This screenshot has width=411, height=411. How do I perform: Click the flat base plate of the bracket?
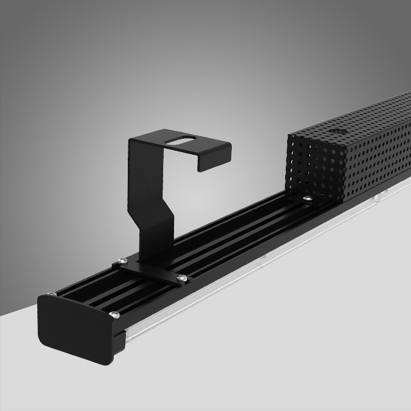click(x=151, y=268)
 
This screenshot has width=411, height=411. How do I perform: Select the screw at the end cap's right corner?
click(x=114, y=314)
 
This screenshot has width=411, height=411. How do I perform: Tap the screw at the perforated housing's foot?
click(x=309, y=200)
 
